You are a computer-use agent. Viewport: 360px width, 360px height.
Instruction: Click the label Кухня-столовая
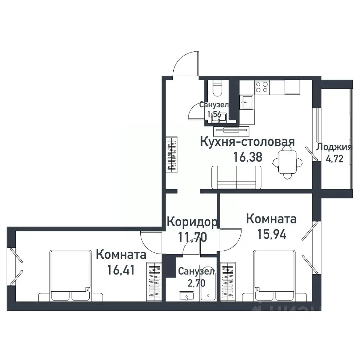point(247,142)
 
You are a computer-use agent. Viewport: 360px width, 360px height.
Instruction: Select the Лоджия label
point(334,147)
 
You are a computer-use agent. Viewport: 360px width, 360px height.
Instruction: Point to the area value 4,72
point(334,159)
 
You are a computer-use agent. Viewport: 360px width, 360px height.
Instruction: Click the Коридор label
point(192,222)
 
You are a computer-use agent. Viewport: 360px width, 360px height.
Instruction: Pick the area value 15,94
point(271,234)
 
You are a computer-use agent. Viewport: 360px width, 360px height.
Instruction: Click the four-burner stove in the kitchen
point(262,87)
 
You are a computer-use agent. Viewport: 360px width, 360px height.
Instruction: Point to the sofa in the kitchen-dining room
point(236,177)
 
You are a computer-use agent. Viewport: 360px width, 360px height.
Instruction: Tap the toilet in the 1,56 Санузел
point(217,89)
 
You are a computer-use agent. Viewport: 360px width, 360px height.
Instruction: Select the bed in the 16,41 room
point(71,276)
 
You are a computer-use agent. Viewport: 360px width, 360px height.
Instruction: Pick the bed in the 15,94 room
point(274,276)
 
